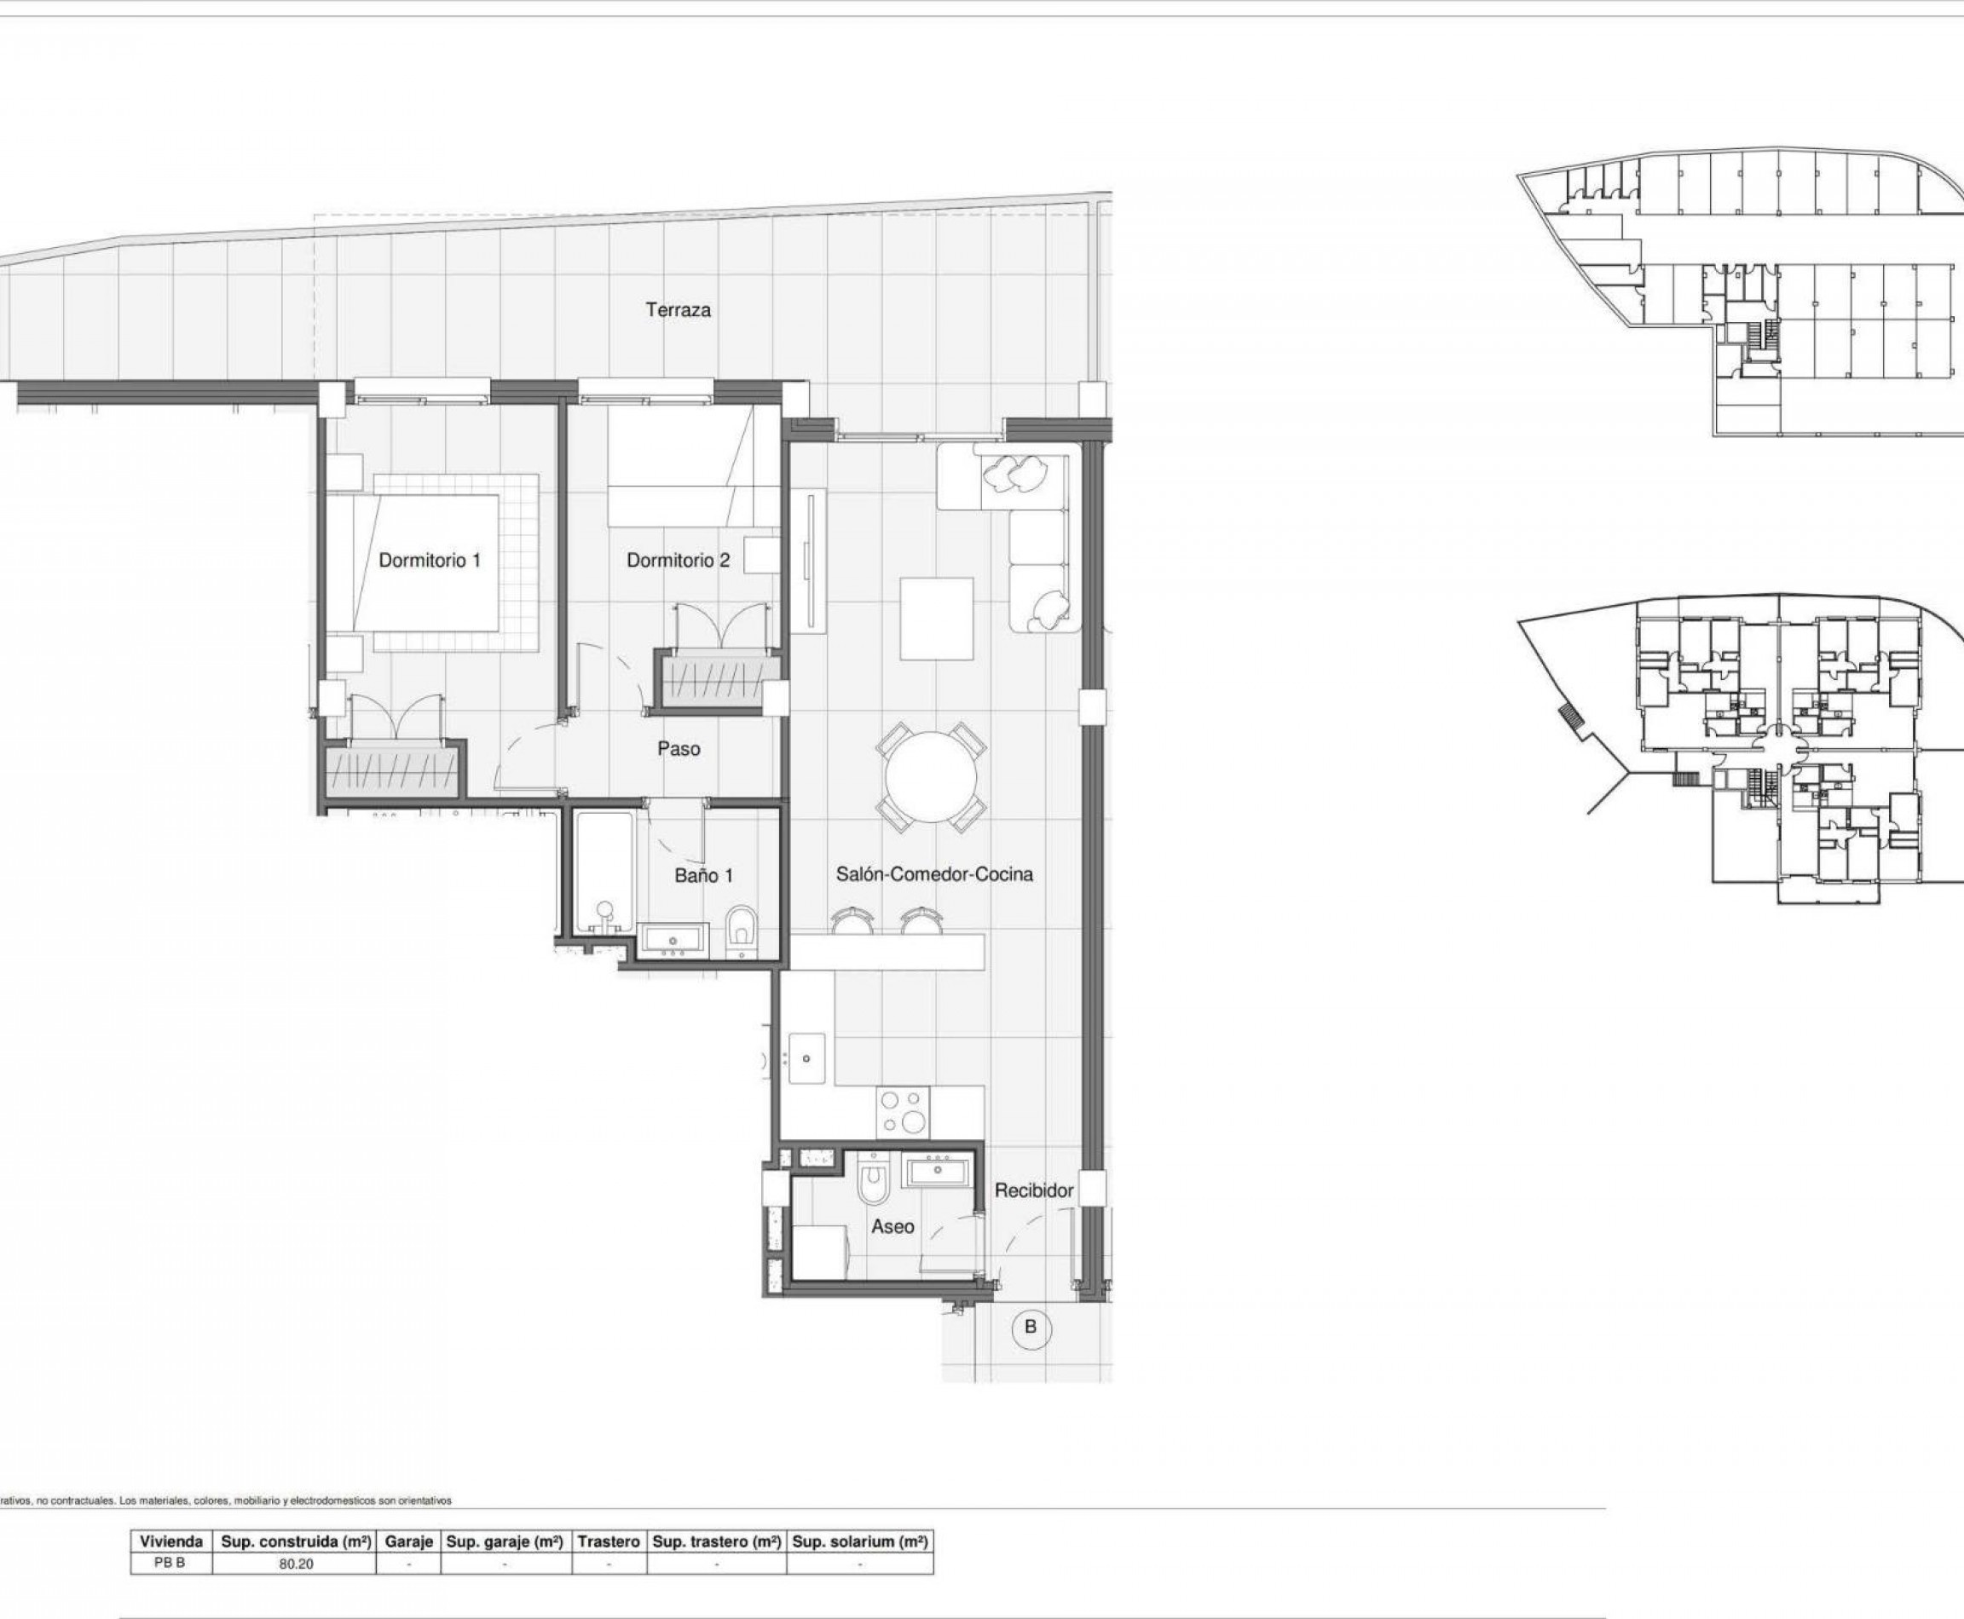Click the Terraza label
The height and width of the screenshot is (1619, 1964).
678,309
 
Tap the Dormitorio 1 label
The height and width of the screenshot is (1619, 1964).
429,561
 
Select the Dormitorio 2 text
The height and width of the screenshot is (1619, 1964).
679,561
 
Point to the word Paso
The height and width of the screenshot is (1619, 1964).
679,749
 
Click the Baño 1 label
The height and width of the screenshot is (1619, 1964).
703,876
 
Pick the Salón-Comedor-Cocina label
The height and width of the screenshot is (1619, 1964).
934,875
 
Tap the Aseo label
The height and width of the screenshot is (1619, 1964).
892,1227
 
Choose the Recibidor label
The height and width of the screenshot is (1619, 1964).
1034,1191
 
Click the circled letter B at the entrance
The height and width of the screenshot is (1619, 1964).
1030,1327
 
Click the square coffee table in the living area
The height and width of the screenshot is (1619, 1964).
936,619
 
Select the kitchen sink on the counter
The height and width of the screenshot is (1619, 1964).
806,1058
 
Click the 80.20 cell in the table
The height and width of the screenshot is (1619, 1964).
296,1564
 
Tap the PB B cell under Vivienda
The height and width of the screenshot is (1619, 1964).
170,1563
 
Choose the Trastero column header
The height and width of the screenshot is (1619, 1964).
609,1541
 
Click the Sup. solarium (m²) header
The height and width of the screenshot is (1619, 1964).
859,1541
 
